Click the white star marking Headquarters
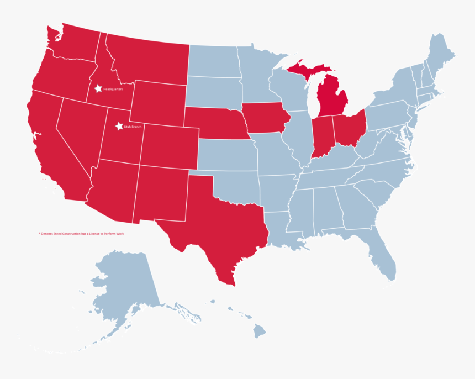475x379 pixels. pyautogui.click(x=98, y=88)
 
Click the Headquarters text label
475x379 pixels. pyautogui.click(x=113, y=88)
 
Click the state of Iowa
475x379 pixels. pyautogui.click(x=266, y=118)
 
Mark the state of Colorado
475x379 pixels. pyautogui.click(x=169, y=146)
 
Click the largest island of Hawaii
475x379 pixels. pyautogui.click(x=259, y=331)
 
